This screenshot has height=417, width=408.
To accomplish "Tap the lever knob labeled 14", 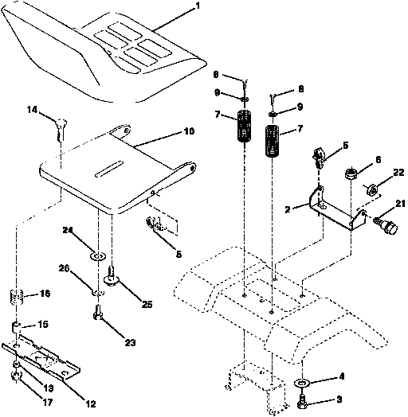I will pyautogui.click(x=61, y=124).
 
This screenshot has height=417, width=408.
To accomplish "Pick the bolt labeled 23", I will pyautogui.click(x=98, y=318).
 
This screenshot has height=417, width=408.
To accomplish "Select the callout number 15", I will pyautogui.click(x=44, y=324).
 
